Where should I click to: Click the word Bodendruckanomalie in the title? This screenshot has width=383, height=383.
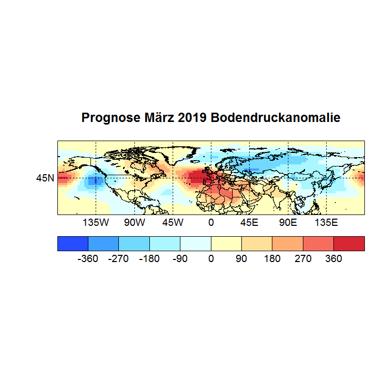275,118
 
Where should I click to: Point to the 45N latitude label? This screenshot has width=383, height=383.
45,178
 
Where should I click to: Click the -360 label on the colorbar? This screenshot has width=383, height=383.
88,258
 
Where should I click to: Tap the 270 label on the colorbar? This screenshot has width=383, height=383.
303,258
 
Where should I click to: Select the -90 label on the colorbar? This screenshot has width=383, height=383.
180,258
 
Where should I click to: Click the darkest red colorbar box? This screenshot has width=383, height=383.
349,243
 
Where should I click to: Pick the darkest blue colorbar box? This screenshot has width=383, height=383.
73,243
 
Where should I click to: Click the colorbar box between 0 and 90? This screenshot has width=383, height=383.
226,243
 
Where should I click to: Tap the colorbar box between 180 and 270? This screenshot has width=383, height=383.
287,243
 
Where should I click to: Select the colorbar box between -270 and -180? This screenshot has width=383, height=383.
134,243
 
